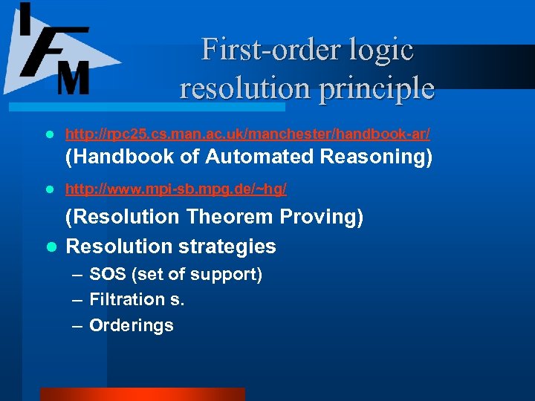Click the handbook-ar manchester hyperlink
[247, 134]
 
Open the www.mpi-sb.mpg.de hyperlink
[176, 189]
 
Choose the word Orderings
[132, 325]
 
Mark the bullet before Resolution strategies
[49, 247]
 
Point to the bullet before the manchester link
[49, 135]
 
